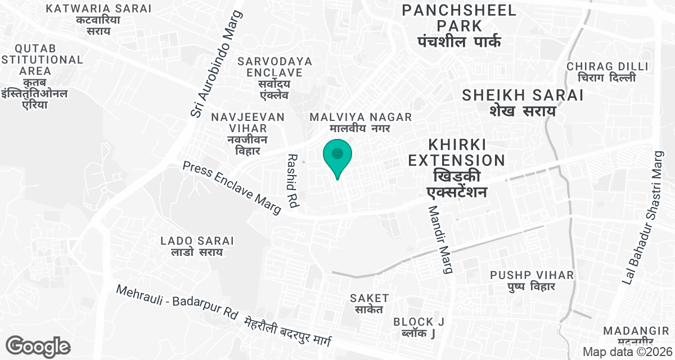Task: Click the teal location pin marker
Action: point(337,156)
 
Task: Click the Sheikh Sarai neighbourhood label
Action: point(523,102)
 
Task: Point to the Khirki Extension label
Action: point(456,168)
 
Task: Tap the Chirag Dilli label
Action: point(601,71)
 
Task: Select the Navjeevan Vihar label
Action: point(247,133)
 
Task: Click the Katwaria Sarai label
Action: point(99,19)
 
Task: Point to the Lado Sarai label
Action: point(197,246)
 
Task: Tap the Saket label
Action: point(369,303)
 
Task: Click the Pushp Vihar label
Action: point(532,280)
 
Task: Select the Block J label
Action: point(419,327)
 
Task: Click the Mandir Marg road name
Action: point(440,239)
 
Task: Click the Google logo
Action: point(38,346)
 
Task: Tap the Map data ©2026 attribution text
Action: point(625,352)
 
